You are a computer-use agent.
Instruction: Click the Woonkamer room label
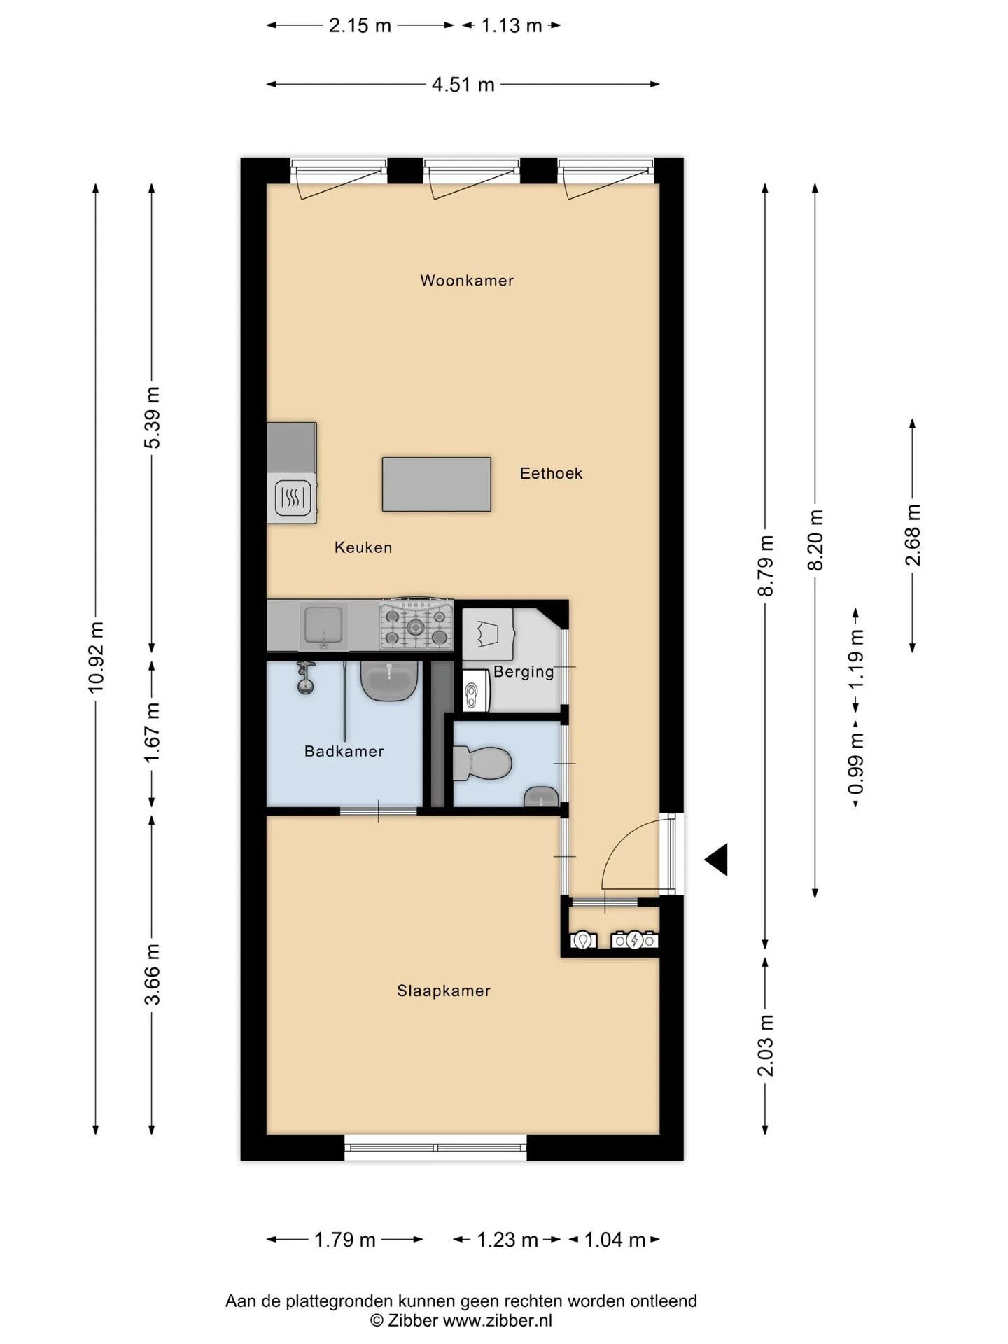467,281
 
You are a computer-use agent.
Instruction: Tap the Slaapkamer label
444,991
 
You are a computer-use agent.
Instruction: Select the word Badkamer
344,752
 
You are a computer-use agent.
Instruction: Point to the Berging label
524,673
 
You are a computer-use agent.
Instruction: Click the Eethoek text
551,474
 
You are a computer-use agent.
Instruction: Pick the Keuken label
363,548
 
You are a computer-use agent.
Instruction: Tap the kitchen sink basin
322,625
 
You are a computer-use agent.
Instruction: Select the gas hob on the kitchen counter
416,623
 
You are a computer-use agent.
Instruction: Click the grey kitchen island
436,484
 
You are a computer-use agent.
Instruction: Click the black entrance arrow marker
716,859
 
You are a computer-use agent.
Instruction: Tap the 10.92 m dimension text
96,657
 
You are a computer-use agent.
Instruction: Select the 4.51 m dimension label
463,85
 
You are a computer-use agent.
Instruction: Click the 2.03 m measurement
766,1045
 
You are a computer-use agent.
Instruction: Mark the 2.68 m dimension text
913,535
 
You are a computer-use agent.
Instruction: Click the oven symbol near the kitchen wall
293,498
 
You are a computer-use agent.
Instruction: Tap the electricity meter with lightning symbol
635,940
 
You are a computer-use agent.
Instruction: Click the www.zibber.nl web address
498,1321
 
